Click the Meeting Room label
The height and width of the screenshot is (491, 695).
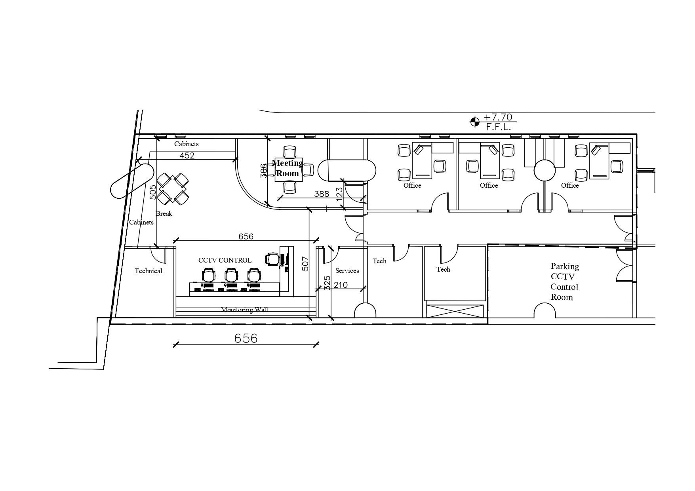coord(288,168)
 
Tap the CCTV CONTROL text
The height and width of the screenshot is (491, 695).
coord(225,260)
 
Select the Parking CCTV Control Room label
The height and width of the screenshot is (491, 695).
coord(565,282)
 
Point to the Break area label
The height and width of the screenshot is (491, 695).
coord(164,213)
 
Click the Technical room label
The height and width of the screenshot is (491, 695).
coord(149,271)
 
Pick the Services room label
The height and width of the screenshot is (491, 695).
coord(347,270)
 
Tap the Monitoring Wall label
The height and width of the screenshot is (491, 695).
coord(244,310)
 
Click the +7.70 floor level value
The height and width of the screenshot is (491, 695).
coord(498,117)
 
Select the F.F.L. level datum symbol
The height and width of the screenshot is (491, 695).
coord(474,122)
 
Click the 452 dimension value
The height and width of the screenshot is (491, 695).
coord(187,156)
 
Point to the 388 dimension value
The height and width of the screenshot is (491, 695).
coord(322,194)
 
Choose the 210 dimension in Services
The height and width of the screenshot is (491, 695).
coord(341,285)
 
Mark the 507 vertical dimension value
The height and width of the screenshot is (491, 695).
coord(305,264)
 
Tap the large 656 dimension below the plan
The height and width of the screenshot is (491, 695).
coord(246,338)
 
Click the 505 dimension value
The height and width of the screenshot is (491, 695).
coord(153,192)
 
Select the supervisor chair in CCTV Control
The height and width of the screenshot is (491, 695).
coord(272,259)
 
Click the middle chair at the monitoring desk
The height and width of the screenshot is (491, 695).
coord(232,275)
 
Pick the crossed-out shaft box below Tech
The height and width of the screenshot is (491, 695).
coord(455,311)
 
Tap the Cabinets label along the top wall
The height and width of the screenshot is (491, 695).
coord(187,144)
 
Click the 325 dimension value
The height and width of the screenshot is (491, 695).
coord(328,283)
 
